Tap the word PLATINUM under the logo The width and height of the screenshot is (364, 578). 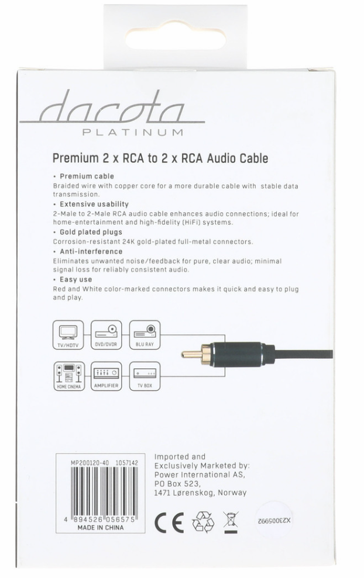(x=133, y=132)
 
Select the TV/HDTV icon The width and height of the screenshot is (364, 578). (x=68, y=335)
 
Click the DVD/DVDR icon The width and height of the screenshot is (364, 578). (x=107, y=335)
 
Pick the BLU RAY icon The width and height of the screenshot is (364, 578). (x=144, y=335)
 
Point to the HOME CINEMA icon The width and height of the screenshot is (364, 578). (x=68, y=375)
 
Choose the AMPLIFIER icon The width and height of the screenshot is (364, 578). (x=107, y=375)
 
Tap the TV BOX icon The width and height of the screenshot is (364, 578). (x=144, y=375)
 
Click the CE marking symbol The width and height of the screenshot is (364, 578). (x=169, y=520)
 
